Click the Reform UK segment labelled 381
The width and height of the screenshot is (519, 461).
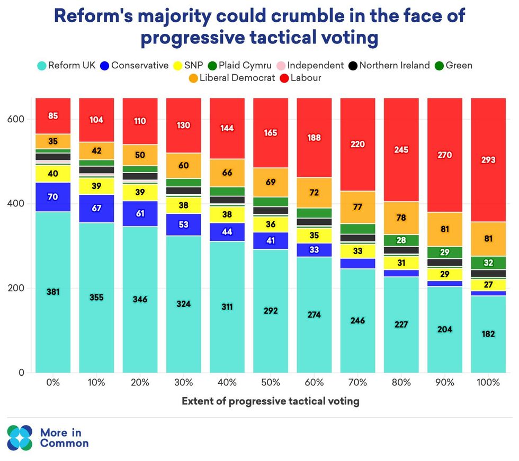pyautogui.click(x=53, y=292)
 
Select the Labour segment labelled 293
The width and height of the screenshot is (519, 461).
pyautogui.click(x=487, y=159)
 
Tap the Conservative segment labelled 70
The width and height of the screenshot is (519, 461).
pyautogui.click(x=53, y=197)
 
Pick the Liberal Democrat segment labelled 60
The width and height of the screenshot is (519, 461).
pyautogui.click(x=183, y=166)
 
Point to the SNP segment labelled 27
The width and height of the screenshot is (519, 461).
pyautogui.click(x=487, y=285)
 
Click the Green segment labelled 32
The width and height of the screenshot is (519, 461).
pyautogui.click(x=487, y=263)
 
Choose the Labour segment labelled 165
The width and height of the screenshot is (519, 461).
pyautogui.click(x=270, y=133)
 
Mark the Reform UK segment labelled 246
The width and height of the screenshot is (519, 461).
pyautogui.click(x=357, y=320)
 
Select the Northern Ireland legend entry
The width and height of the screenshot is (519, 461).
pyautogui.click(x=389, y=66)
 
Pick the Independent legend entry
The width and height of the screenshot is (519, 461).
pyautogui.click(x=310, y=66)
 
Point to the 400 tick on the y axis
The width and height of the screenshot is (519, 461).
pyautogui.click(x=15, y=204)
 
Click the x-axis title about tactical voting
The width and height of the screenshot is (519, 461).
pyautogui.click(x=270, y=401)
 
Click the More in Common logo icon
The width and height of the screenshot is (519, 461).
pyautogui.click(x=20, y=437)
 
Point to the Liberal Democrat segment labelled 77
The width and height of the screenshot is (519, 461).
pyautogui.click(x=357, y=207)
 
